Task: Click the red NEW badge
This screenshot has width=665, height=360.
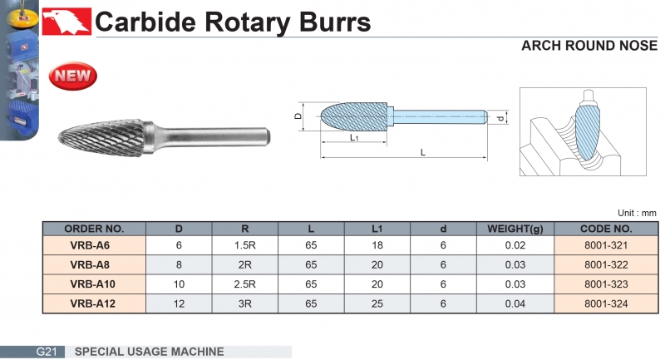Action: click(74, 76)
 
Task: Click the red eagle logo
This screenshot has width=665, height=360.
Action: click(66, 20)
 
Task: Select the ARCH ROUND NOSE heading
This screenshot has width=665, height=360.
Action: click(589, 46)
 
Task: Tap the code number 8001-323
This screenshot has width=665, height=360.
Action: click(606, 284)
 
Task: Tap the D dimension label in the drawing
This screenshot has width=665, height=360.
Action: click(298, 118)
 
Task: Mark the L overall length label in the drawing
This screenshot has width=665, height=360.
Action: click(423, 153)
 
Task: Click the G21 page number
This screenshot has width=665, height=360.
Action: click(46, 352)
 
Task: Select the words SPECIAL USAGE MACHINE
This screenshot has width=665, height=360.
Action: click(150, 352)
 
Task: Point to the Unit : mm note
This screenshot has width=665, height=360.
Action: click(637, 213)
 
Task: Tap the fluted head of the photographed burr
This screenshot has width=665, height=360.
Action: click(100, 134)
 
